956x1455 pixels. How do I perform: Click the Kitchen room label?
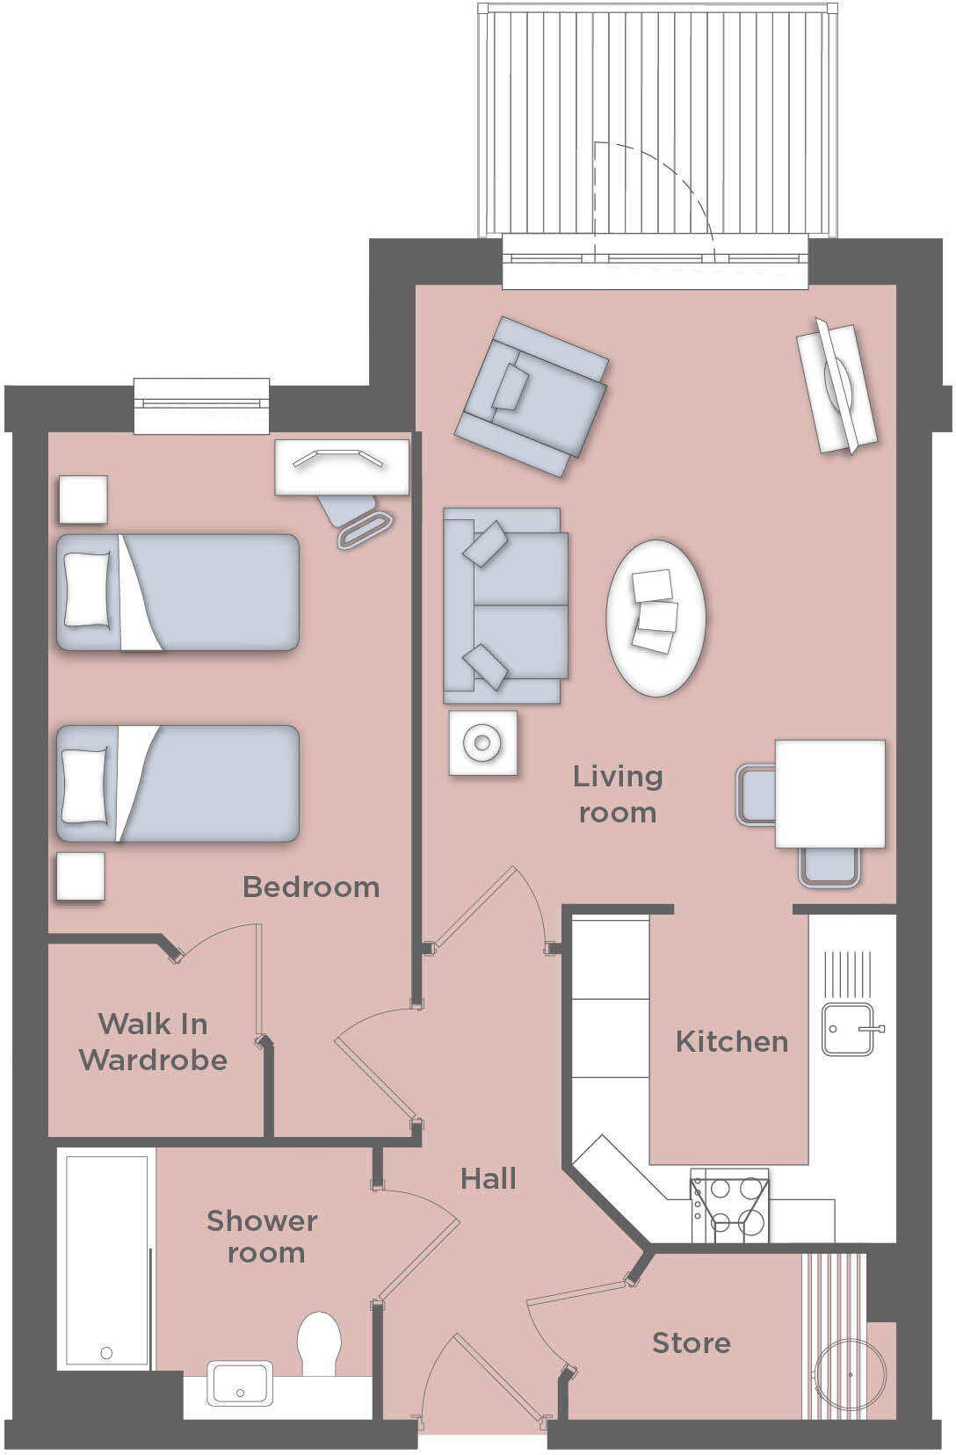[731, 1042]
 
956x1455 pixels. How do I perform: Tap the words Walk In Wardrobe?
[154, 1042]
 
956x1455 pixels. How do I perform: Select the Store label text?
[691, 1343]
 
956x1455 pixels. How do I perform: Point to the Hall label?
[489, 1178]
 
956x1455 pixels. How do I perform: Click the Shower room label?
[262, 1236]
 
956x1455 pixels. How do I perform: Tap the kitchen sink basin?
[847, 1031]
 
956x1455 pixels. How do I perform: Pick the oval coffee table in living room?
[655, 618]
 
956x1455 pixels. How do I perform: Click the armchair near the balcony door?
[531, 396]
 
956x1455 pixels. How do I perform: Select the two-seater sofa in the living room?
[503, 605]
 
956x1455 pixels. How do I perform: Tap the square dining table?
[829, 793]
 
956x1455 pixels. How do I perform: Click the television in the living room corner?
[836, 388]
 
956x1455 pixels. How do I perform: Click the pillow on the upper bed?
[87, 589]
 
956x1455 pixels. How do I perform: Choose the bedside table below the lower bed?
[81, 876]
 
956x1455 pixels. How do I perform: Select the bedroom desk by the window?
[342, 467]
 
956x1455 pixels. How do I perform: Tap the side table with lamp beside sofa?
[482, 743]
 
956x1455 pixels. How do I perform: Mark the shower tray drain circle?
[106, 1353]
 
